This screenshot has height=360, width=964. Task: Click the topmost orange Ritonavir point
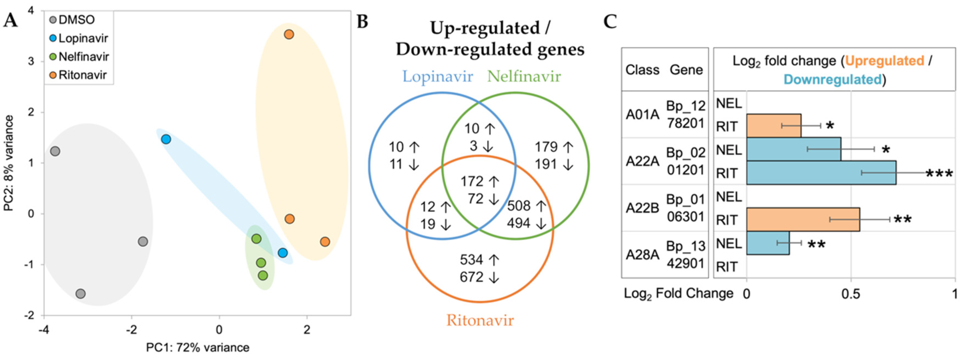click(289, 35)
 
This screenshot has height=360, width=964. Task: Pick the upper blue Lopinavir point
click(166, 139)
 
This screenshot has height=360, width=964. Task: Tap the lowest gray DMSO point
click(81, 294)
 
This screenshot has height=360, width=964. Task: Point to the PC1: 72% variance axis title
click(197, 348)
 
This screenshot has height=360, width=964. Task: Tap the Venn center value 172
click(471, 182)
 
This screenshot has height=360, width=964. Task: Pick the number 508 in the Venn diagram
click(519, 206)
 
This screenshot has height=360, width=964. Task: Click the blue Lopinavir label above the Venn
click(437, 77)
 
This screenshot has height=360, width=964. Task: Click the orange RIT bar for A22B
click(803, 220)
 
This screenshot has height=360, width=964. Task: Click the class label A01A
click(642, 115)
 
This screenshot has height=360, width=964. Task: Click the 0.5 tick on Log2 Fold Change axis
click(850, 294)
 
